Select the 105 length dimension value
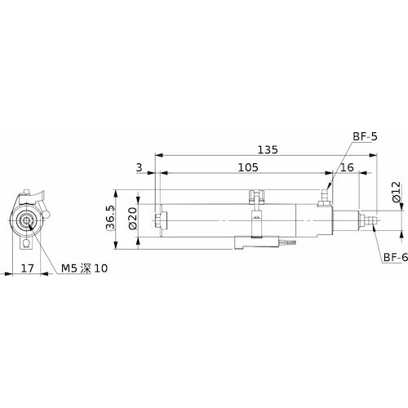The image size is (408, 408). click(x=248, y=167)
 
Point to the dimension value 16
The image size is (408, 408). click(x=346, y=167)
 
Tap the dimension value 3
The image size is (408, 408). click(x=140, y=167)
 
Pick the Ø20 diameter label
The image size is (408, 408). click(x=132, y=219)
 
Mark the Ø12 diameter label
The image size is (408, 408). click(x=394, y=193)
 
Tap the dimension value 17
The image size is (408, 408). click(x=26, y=268)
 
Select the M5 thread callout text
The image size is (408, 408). click(x=69, y=268)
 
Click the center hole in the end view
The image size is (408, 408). click(x=29, y=220)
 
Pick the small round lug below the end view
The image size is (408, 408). click(x=29, y=242)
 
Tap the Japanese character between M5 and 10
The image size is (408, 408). click(x=87, y=268)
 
